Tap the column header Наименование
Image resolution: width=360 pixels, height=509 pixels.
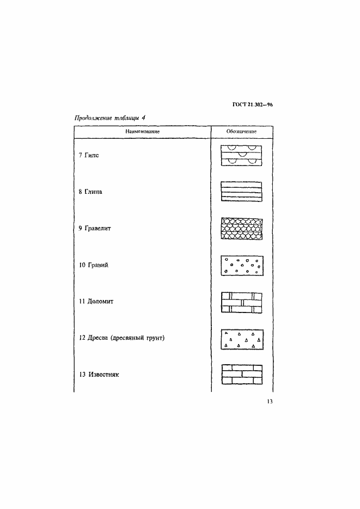[x=142, y=132]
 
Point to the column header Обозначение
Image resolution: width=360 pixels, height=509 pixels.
[x=242, y=132]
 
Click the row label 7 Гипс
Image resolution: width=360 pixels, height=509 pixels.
[x=89, y=155]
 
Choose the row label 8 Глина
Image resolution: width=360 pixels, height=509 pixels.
[x=90, y=192]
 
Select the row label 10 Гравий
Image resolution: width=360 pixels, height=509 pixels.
[x=94, y=265]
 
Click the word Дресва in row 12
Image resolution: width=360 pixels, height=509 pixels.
[x=99, y=338]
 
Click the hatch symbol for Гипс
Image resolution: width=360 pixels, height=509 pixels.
[x=242, y=155]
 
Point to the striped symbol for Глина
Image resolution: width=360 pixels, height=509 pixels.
[x=242, y=192]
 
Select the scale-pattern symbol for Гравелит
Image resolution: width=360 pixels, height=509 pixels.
[x=242, y=228]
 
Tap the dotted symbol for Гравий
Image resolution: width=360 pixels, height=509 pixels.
[x=242, y=265]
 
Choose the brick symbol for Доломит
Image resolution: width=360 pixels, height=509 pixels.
[x=242, y=302]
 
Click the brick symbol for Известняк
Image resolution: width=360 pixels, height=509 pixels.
[x=242, y=375]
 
